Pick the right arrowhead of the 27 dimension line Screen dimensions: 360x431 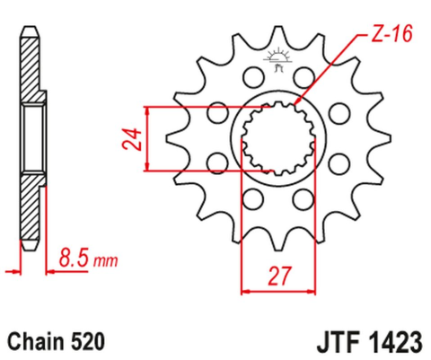[315, 290]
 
